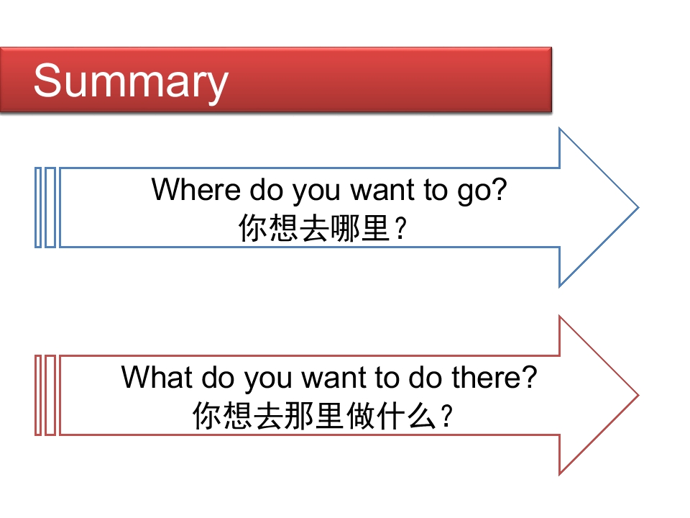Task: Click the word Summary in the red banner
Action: click(131, 82)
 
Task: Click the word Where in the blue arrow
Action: click(195, 189)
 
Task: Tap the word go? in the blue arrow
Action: click(482, 191)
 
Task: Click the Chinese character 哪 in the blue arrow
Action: click(344, 228)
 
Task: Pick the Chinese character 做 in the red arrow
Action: click(360, 416)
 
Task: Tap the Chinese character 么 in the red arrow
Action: click(422, 416)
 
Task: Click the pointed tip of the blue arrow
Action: click(638, 207)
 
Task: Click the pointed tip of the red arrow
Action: click(638, 396)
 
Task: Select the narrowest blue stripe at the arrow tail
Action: click(38, 207)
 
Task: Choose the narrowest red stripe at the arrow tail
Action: click(38, 396)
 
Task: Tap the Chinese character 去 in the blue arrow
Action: click(313, 228)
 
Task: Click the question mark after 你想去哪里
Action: click(400, 229)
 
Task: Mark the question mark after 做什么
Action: click(446, 417)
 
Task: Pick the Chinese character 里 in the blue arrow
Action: click(374, 228)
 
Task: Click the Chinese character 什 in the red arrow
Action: click(391, 416)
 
